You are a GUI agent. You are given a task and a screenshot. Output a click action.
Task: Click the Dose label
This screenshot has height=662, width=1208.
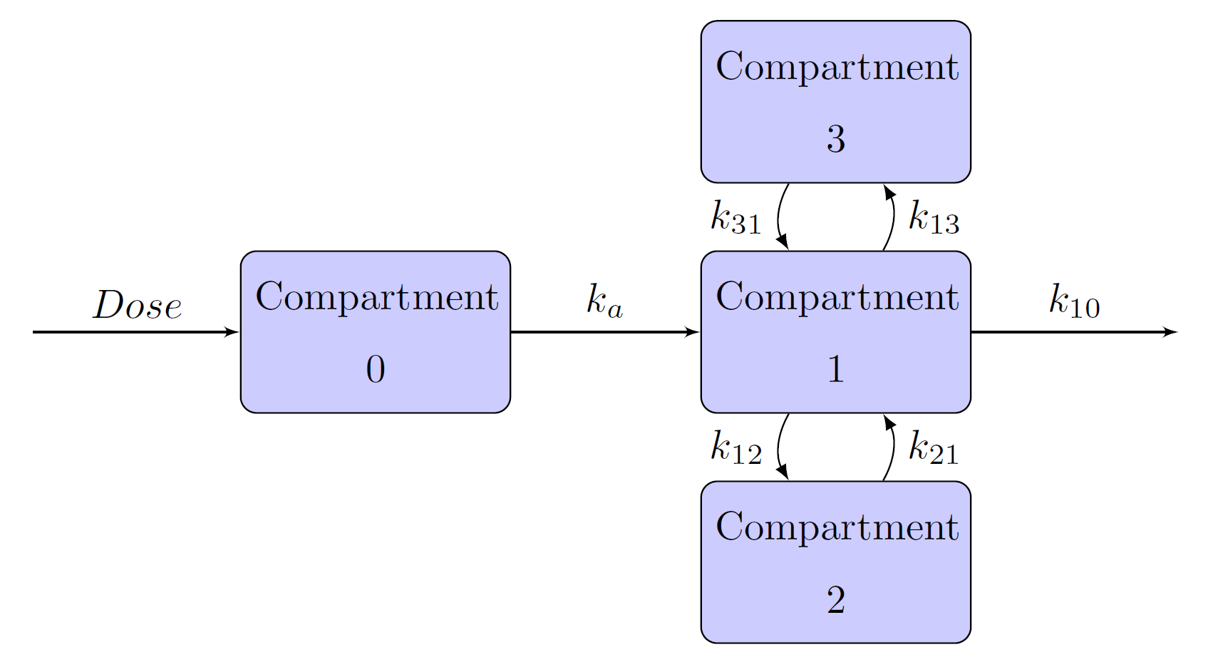[137, 305]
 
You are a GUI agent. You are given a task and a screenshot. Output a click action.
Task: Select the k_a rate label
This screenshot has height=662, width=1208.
[604, 301]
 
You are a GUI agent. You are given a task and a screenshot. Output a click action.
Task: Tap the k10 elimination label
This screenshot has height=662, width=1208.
[1074, 301]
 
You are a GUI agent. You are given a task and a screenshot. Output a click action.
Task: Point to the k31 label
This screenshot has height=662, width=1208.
[735, 217]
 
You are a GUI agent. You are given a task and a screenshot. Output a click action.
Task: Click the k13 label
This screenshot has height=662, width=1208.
[934, 217]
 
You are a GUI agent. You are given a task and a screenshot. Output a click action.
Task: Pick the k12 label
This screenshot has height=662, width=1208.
[735, 448]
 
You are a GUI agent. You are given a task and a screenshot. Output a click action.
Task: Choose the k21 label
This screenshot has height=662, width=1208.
[934, 448]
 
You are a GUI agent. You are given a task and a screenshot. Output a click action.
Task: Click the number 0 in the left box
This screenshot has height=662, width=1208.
[376, 369]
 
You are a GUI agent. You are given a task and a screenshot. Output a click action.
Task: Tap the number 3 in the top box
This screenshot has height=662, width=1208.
[836, 139]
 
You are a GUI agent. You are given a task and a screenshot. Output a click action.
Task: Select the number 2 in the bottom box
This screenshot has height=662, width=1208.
[836, 600]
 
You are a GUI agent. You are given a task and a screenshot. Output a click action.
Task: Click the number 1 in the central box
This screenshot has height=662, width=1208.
[836, 369]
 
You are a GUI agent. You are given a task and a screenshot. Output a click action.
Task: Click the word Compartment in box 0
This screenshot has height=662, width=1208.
[376, 296]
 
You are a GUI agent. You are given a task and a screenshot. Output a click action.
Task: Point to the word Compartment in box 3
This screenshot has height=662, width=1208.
[837, 66]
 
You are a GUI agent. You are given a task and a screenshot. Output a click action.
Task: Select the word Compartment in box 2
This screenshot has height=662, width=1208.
[837, 527]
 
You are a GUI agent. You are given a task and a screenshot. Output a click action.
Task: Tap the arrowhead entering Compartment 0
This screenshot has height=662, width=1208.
[232, 332]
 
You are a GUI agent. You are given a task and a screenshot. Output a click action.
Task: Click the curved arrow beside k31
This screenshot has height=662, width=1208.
[779, 217]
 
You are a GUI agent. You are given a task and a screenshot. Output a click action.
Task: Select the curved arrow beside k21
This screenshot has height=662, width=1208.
[892, 448]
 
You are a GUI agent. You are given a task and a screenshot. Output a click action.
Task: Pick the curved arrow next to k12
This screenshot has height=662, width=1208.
[779, 448]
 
